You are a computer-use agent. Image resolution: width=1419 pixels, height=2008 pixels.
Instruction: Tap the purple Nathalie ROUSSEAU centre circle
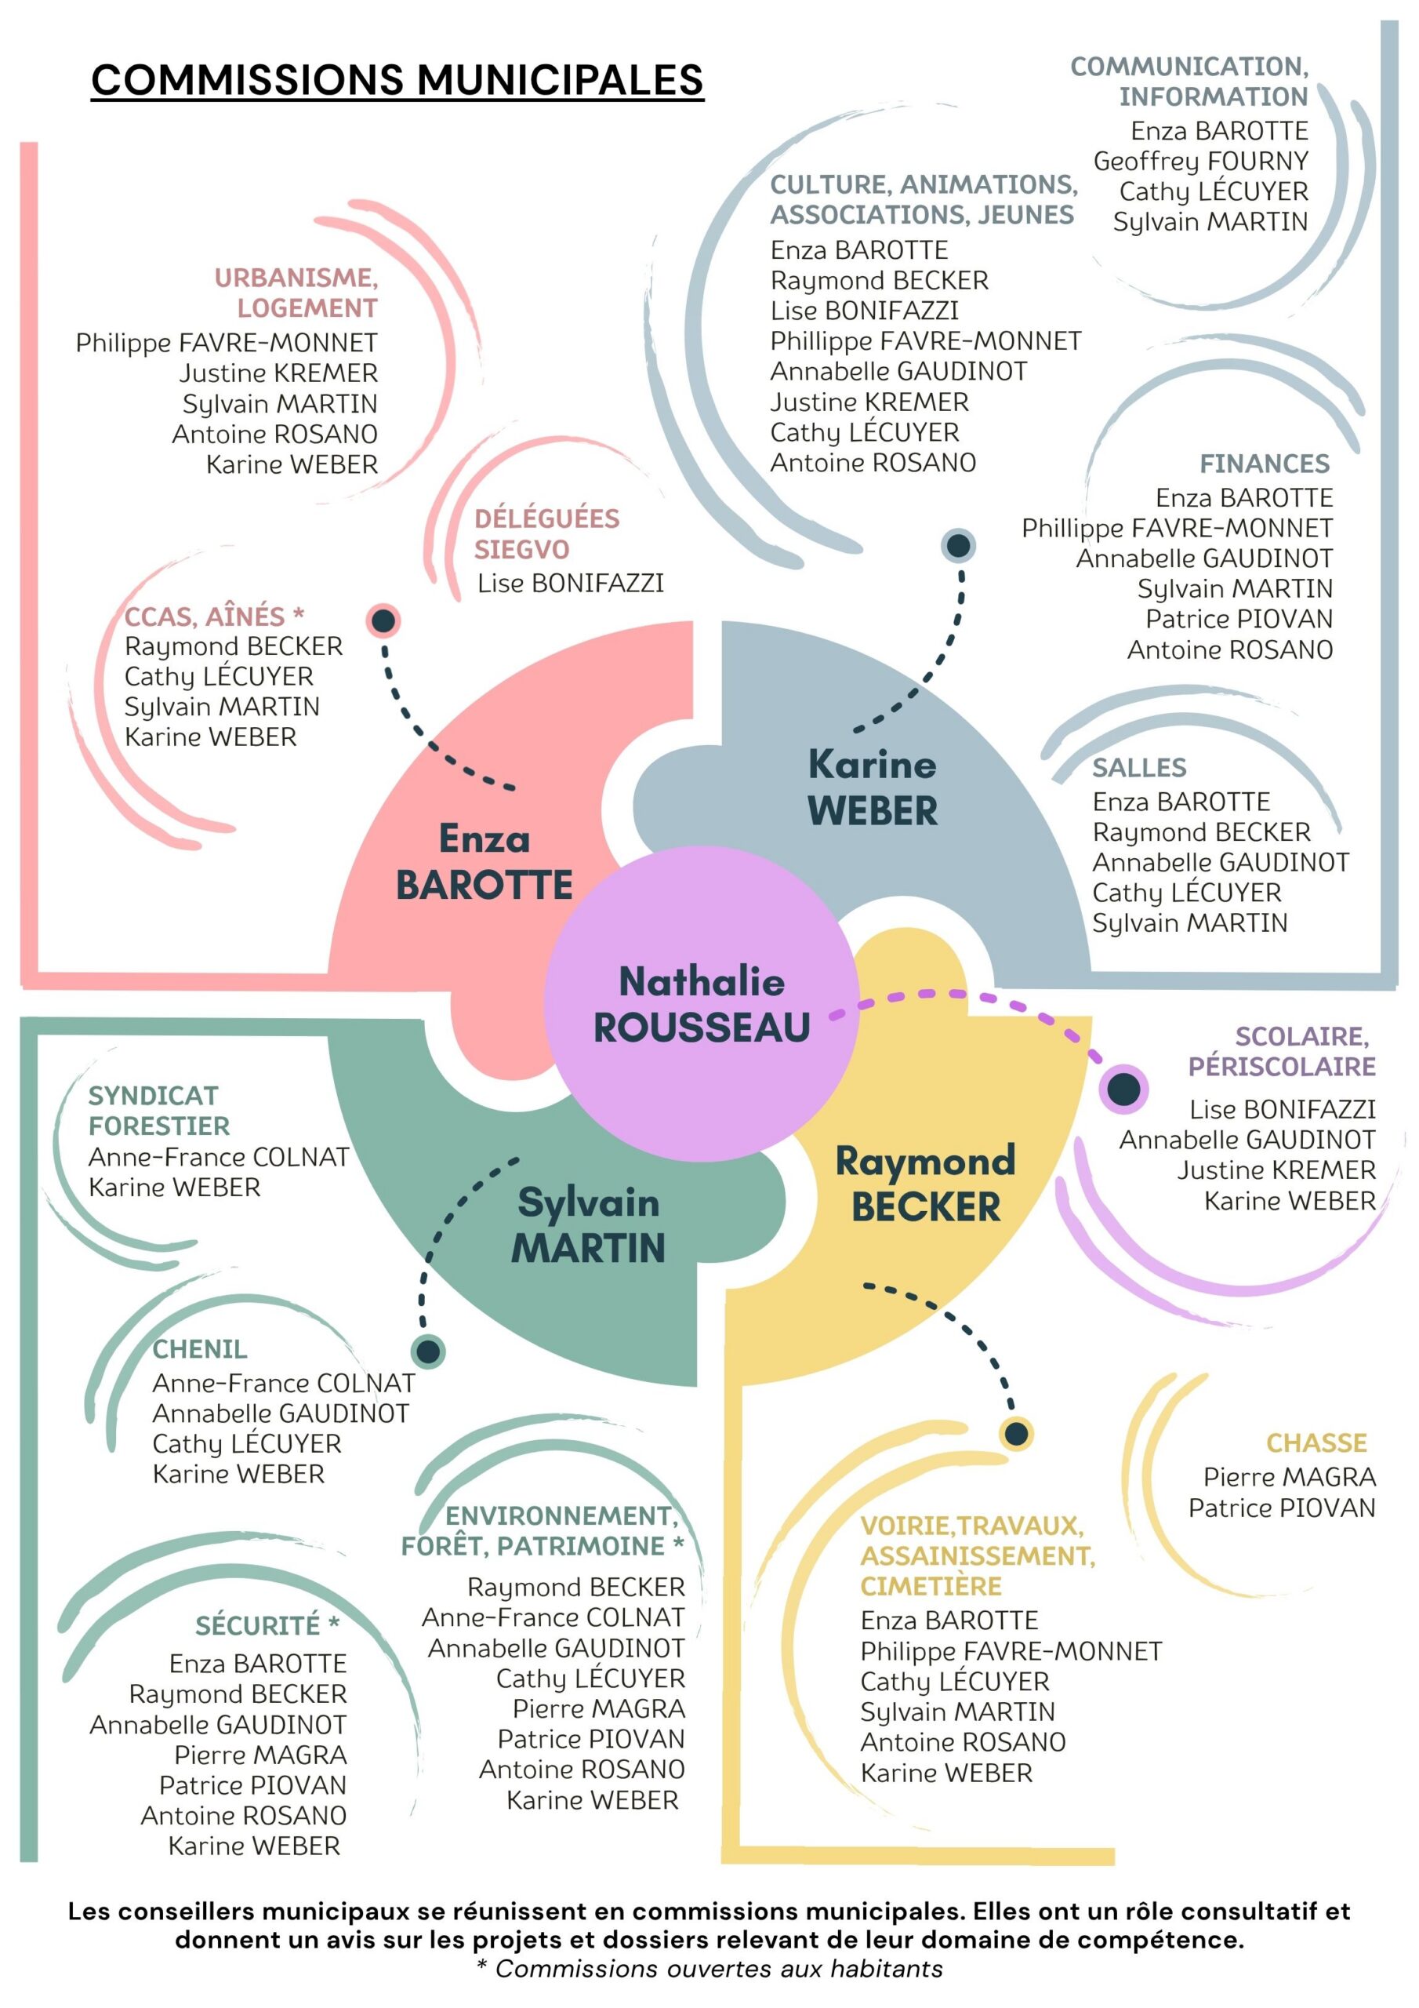coord(701,1004)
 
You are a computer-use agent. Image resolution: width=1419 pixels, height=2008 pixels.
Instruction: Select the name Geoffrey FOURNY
coord(1200,161)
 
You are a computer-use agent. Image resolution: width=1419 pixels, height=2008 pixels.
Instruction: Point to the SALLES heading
coord(1138,767)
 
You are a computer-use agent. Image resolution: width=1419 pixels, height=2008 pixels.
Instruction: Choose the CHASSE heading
coord(1316,1442)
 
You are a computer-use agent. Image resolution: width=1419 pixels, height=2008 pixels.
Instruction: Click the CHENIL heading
coord(199,1348)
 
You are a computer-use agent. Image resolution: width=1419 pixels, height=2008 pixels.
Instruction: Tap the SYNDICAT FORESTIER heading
coord(159,1110)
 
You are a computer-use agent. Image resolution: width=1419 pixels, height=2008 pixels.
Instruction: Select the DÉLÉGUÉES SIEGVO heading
coord(546,533)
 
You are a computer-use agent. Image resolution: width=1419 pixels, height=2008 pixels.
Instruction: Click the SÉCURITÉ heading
coord(267,1625)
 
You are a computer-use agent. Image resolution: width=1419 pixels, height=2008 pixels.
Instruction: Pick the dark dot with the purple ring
coord(1123,1089)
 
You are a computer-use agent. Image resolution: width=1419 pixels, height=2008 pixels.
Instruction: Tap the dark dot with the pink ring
coord(383,621)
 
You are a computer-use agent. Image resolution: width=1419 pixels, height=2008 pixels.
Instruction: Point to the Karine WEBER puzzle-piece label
coord(872,787)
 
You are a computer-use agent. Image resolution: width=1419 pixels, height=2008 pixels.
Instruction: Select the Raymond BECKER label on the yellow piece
coord(925,1184)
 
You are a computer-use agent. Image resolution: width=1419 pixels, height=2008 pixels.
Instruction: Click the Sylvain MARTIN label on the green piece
coord(589,1224)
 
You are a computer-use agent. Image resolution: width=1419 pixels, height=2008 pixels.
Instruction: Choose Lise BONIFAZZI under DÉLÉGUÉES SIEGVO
coord(570,584)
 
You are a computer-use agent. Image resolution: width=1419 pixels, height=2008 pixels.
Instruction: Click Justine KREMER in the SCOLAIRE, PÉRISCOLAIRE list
coord(1276,1170)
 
